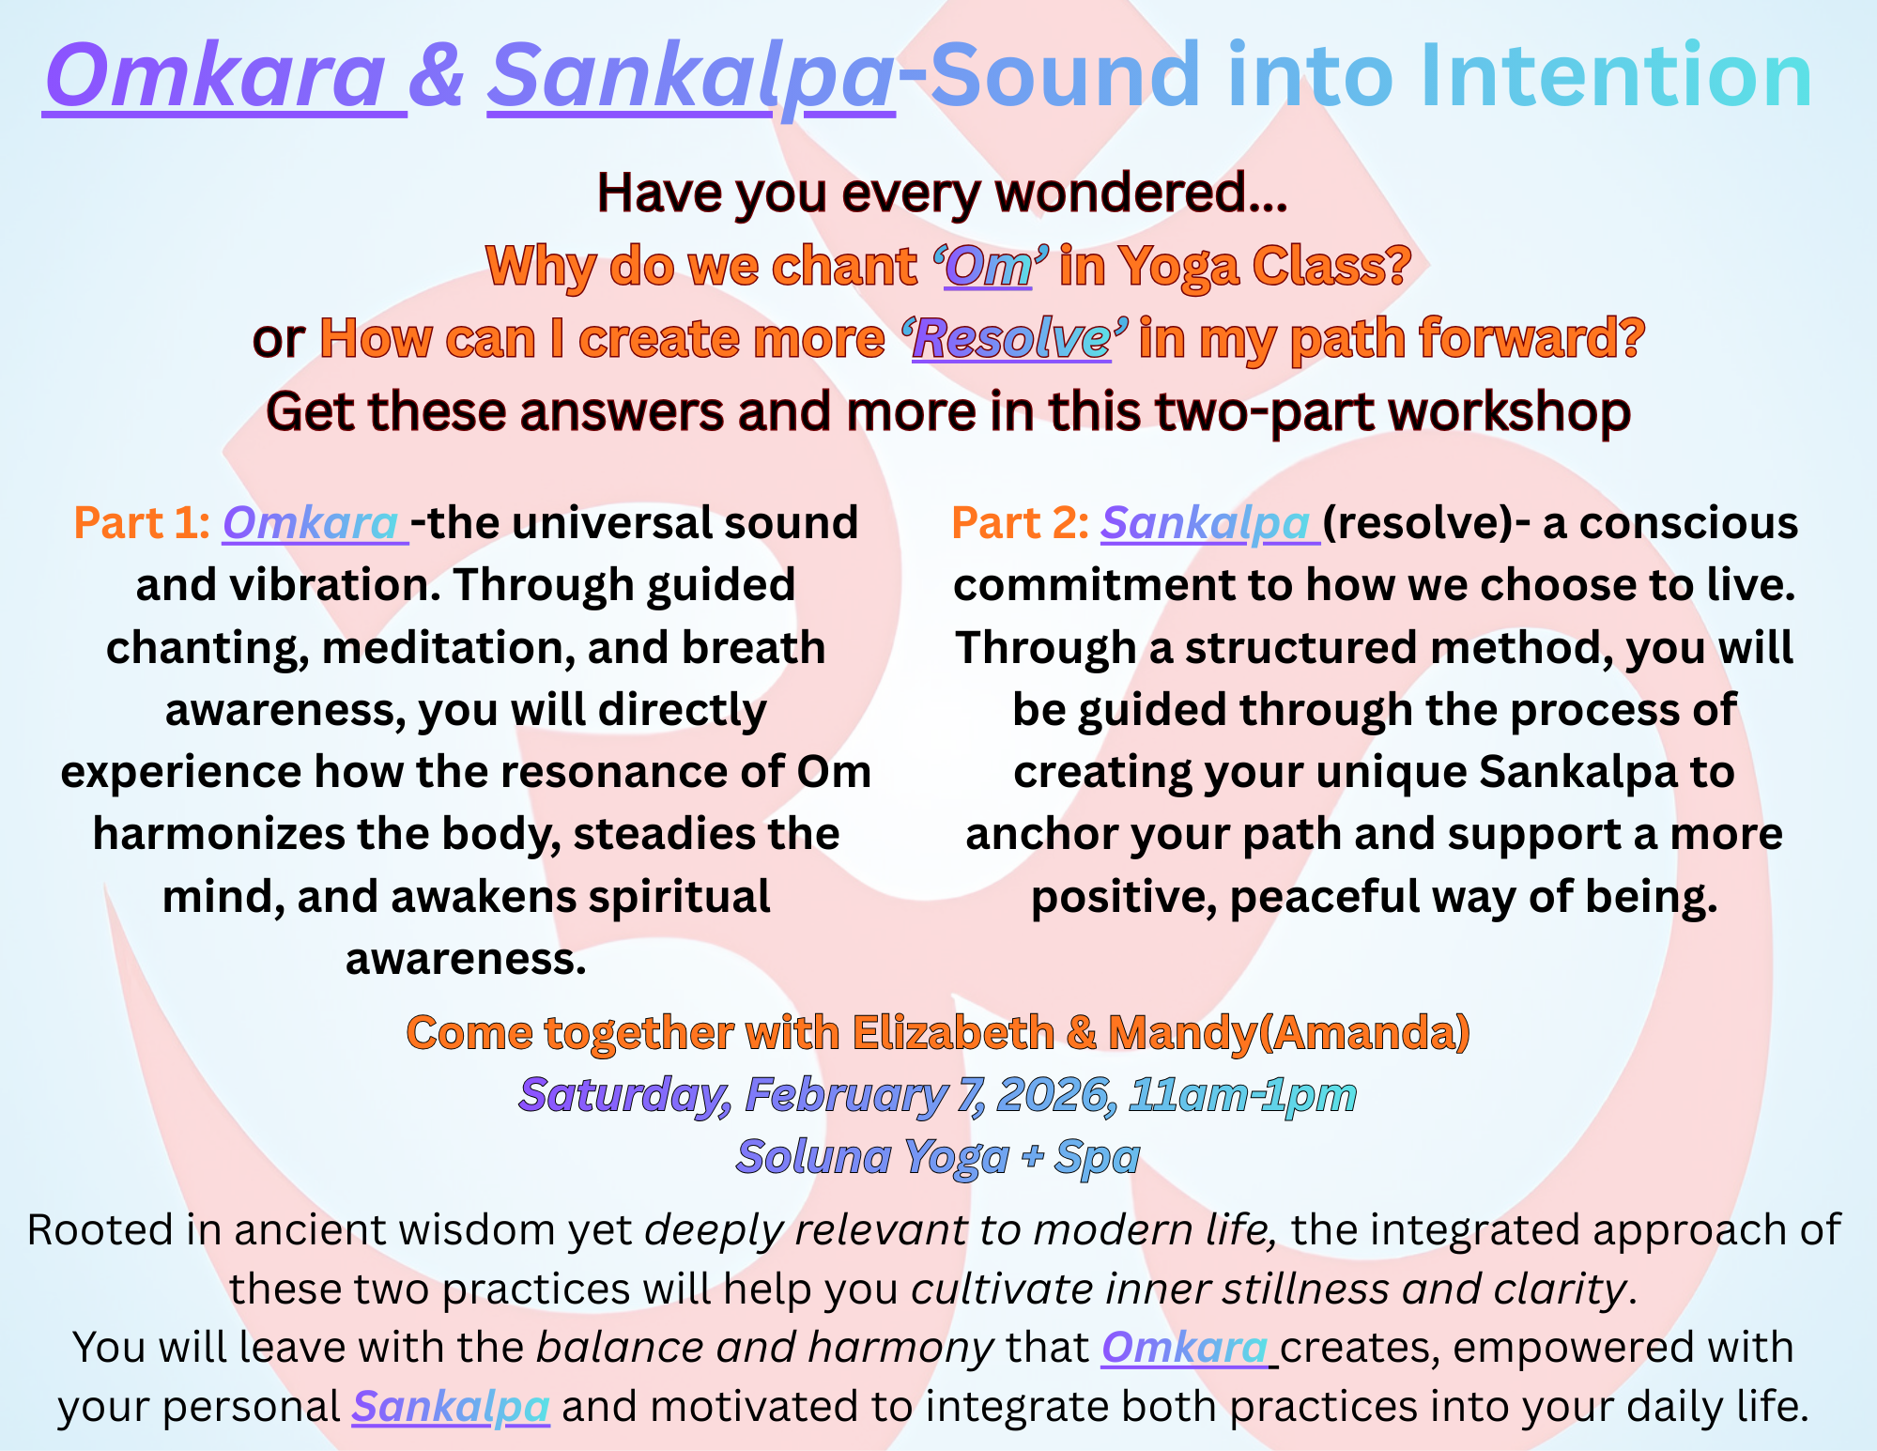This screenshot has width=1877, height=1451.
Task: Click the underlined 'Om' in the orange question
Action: click(988, 266)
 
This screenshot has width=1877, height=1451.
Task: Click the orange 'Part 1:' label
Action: click(142, 523)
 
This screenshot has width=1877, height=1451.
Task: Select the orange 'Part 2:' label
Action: click(1020, 523)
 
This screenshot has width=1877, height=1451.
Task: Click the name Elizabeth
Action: click(954, 1032)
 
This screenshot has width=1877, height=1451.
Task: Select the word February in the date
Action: click(846, 1095)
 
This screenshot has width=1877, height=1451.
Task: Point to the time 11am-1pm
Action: click(1243, 1095)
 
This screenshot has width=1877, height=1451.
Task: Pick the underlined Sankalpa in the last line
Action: click(451, 1407)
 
